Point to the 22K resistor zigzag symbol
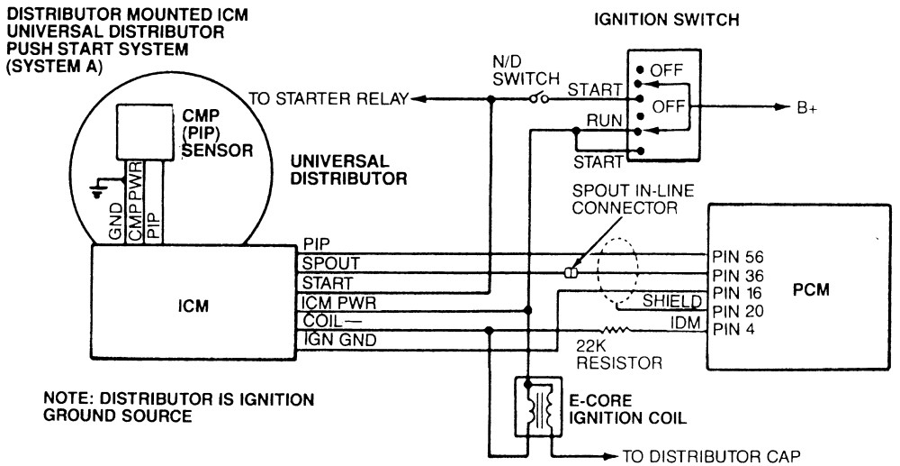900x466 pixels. click(x=616, y=330)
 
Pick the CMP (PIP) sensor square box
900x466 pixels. click(x=145, y=132)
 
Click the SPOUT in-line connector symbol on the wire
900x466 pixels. click(x=570, y=273)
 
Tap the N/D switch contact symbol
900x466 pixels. click(x=538, y=99)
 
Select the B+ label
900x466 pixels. click(x=805, y=108)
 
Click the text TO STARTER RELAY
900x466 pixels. click(x=328, y=99)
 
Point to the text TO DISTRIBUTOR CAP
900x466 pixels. click(x=711, y=457)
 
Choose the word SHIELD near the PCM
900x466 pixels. click(x=672, y=300)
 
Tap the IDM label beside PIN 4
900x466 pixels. click(x=685, y=324)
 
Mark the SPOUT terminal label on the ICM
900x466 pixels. click(x=331, y=264)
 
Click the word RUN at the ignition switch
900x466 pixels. click(x=605, y=122)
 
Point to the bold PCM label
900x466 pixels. click(x=812, y=290)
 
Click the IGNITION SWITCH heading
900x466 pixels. click(x=666, y=20)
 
